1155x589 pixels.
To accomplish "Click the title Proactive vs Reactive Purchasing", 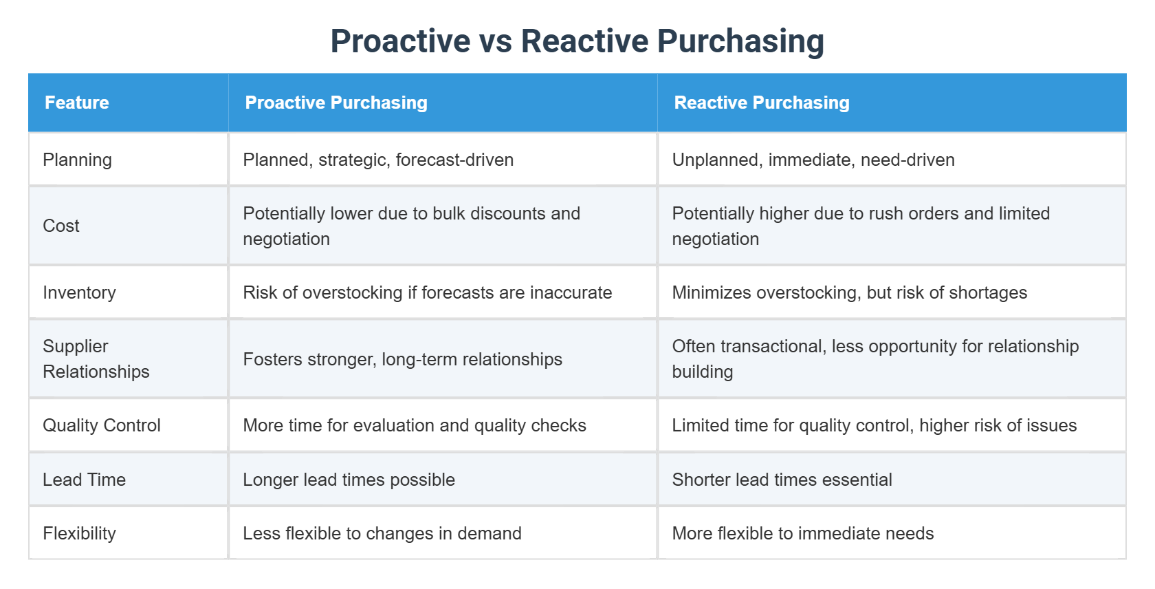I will pos(577,41).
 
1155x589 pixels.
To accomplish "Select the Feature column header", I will pos(77,103).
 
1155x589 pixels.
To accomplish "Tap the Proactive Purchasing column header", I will pos(336,103).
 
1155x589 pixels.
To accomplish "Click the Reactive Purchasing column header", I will pos(762,103).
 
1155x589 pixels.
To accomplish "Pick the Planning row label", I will pos(77,160).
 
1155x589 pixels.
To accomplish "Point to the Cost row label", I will pos(61,226).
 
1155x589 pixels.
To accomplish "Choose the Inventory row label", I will pos(79,292).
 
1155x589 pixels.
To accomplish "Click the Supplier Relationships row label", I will pos(96,358).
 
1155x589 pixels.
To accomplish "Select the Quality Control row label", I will pos(102,425).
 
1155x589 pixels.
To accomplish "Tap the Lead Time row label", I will pos(84,480).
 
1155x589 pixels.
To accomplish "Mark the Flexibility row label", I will pos(79,533).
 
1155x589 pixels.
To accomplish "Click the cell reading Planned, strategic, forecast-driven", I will pos(378,160).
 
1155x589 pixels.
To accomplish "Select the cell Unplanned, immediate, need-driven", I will pos(813,160).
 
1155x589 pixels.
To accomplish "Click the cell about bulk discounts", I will pos(411,226).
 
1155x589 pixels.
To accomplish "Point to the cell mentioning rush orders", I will pos(861,226).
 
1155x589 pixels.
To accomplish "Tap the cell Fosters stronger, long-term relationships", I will pos(402,359).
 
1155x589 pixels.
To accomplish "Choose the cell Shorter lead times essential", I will pos(782,480).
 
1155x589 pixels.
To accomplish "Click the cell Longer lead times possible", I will pos(349,480).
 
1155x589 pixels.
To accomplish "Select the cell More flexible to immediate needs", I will pos(802,533).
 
